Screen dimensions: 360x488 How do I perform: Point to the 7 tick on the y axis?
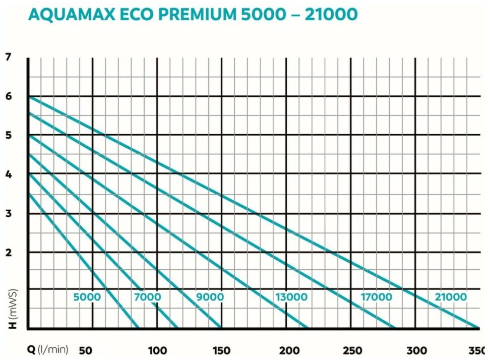point(8,57)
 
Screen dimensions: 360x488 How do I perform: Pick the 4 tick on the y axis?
point(8,174)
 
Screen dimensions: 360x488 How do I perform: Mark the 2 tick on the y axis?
point(8,252)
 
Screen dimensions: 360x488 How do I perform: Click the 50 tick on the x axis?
point(85,350)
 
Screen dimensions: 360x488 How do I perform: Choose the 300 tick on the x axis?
point(416,350)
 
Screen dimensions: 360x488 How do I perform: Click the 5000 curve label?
point(87,297)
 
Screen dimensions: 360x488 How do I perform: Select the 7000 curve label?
point(147,297)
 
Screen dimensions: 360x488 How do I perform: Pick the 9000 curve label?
point(210,297)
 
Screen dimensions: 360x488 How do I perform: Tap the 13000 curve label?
point(291,297)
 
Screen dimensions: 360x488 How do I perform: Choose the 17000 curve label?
point(376,297)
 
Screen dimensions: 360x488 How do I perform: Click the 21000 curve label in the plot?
point(451,297)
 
